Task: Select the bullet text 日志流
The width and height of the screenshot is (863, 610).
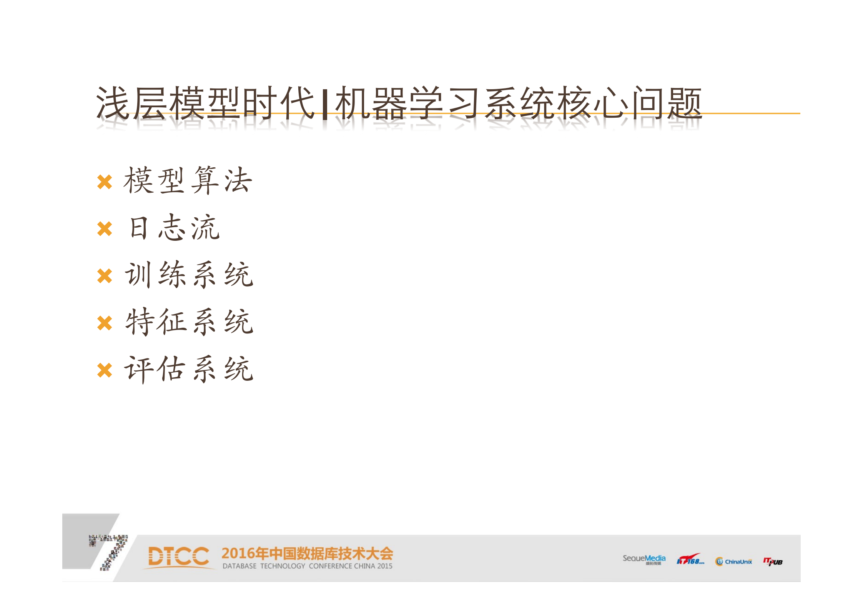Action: [174, 227]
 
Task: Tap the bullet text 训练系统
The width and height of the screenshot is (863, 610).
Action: [189, 275]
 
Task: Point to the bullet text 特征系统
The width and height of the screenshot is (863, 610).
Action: [189, 322]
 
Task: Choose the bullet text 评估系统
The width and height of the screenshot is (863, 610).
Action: [189, 369]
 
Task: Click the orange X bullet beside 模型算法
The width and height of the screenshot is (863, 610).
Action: [105, 182]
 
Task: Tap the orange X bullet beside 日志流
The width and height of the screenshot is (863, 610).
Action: [105, 229]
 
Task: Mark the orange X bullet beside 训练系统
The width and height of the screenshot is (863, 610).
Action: [105, 276]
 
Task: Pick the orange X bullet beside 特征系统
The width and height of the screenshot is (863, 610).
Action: [105, 323]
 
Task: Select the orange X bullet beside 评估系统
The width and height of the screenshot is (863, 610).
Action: [105, 370]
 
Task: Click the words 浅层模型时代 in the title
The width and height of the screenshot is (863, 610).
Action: [206, 103]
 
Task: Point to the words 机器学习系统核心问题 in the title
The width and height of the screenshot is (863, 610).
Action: [518, 103]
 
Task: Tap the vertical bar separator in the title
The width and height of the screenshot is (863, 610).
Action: [325, 104]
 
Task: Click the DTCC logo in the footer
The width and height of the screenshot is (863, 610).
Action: [179, 557]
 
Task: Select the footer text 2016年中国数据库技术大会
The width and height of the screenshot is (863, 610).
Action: [307, 553]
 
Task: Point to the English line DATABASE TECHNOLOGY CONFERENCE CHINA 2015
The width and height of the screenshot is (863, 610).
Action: [307, 566]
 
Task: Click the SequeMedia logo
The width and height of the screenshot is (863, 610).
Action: [644, 560]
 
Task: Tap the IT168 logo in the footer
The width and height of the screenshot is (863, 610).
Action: [690, 560]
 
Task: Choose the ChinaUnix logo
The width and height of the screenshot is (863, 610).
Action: [733, 562]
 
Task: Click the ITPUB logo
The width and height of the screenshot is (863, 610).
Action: [773, 562]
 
